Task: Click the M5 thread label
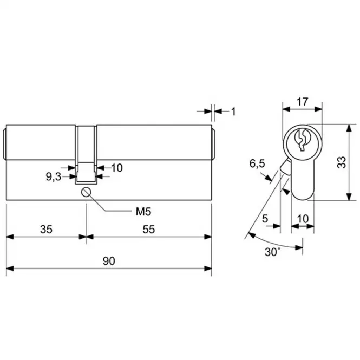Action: coord(143,212)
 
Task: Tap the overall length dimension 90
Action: coord(109,261)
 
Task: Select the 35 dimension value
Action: coord(46,230)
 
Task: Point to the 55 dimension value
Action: coord(149,230)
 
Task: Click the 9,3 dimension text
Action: coord(54,177)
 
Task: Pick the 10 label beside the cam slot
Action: coord(117,168)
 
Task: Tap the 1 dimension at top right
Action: coord(233,112)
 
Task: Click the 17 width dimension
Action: coord(302,102)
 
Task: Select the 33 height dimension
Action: coord(342,162)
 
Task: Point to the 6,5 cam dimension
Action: coord(257,164)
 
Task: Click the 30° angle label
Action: coord(272,252)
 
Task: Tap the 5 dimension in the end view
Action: coord(265,219)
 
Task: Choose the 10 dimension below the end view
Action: coord(303,219)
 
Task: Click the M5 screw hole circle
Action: coord(86,192)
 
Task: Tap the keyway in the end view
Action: coord(302,140)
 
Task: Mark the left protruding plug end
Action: coord(5,144)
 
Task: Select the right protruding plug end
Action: coord(213,144)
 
